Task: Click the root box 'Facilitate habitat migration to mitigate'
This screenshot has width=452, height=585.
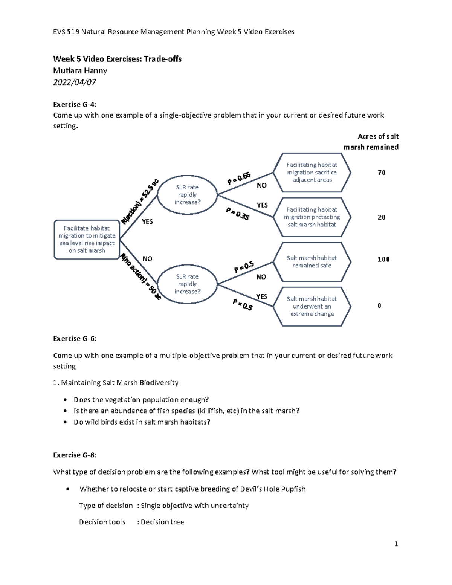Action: pos(87,240)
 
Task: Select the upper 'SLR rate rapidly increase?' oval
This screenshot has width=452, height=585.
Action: pos(187,195)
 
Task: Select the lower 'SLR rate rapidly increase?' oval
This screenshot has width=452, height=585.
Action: pos(187,284)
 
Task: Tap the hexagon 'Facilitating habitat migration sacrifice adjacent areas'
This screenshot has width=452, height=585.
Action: pos(312,173)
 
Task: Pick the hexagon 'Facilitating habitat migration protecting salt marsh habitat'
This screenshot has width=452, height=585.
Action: pos(312,217)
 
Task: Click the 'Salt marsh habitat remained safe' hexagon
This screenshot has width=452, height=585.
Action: pos(312,262)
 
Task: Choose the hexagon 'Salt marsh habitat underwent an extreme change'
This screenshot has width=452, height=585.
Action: pos(312,306)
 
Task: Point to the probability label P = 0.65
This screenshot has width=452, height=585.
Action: pos(239,179)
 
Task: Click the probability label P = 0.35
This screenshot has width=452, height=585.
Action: pos(237,214)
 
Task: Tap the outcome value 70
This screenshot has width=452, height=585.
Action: pos(382,173)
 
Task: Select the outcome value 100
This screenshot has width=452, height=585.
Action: pos(383,259)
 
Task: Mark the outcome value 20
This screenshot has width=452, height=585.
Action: pos(382,217)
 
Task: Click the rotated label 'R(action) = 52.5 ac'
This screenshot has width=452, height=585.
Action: pos(140,201)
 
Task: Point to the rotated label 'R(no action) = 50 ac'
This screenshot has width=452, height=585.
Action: pos(140,277)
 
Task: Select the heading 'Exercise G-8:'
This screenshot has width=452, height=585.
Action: pos(75,455)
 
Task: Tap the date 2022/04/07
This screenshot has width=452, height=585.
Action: pos(75,82)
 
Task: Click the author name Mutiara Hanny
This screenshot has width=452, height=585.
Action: pos(80,70)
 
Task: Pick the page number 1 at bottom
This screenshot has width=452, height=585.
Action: pos(396,544)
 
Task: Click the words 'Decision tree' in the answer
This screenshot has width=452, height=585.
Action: pos(162,522)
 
